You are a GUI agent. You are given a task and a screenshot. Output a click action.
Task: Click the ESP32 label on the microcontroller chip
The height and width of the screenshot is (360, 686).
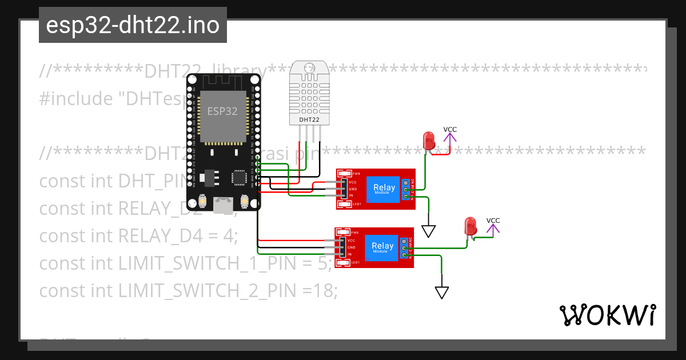(222, 111)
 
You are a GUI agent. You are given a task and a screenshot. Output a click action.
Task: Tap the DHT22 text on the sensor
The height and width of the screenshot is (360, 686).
(309, 120)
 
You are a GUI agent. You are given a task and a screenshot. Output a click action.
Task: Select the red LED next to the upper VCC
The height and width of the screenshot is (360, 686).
(428, 141)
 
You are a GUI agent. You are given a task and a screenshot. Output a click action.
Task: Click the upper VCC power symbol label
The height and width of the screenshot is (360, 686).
(450, 130)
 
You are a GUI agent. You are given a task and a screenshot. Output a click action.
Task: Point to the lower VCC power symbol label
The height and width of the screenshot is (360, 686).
(493, 221)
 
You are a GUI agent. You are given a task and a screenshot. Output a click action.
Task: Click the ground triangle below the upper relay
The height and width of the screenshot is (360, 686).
(429, 230)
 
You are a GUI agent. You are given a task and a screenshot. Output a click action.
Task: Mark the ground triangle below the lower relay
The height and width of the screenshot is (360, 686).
(441, 292)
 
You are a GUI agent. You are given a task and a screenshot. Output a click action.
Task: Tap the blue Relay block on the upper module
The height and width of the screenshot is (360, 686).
(384, 189)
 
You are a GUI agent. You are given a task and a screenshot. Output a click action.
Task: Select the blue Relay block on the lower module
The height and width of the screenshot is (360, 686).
(382, 247)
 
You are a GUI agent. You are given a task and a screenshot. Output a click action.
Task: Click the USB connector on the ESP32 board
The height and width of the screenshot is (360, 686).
(223, 203)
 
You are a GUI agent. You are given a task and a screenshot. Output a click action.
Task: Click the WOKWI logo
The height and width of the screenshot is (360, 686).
(607, 315)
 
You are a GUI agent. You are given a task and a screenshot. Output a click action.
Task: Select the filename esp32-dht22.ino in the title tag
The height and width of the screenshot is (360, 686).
(133, 26)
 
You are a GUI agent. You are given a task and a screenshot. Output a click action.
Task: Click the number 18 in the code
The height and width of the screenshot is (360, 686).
(323, 291)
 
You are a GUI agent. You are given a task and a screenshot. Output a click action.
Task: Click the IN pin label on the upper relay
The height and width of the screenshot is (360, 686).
(352, 196)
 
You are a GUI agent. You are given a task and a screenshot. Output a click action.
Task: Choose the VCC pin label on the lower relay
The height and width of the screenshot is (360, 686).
(352, 241)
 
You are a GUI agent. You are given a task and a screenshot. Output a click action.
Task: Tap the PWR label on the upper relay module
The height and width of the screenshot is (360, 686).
(356, 174)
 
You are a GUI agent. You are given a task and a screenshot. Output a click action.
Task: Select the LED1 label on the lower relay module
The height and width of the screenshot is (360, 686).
(355, 262)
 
